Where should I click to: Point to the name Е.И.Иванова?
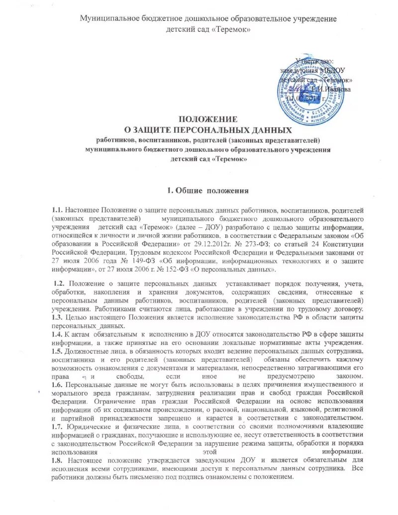331,89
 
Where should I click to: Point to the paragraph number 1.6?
57,385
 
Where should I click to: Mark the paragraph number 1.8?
57,462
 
